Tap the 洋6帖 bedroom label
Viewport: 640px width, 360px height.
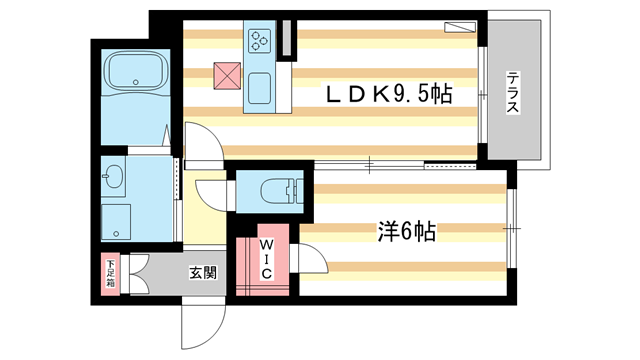(x=406, y=232)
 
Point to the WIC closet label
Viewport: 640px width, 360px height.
(x=267, y=257)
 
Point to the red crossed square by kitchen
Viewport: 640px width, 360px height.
(x=225, y=74)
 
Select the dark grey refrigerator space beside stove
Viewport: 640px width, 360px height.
(x=287, y=38)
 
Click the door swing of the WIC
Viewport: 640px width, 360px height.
(x=313, y=263)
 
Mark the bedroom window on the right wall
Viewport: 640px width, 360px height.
(x=510, y=229)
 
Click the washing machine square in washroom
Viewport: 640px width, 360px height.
(x=116, y=220)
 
